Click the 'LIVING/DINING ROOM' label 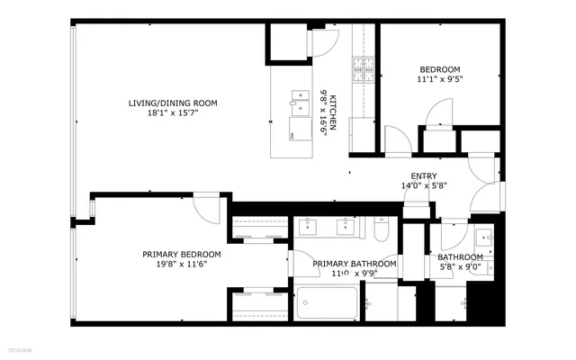pyautogui.click(x=172, y=103)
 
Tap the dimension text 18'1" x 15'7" pyautogui.click(x=172, y=114)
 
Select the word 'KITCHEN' pyautogui.click(x=332, y=113)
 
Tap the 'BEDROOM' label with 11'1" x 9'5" pyautogui.click(x=440, y=69)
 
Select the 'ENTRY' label pyautogui.click(x=424, y=175)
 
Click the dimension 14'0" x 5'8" pyautogui.click(x=424, y=186)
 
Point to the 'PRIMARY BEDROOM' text pyautogui.click(x=181, y=254)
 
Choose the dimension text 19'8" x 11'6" pyautogui.click(x=181, y=265)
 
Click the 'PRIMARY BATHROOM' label pyautogui.click(x=355, y=263)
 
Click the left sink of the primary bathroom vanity pyautogui.click(x=309, y=227)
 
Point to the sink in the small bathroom pyautogui.click(x=483, y=238)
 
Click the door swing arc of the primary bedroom pyautogui.click(x=207, y=210)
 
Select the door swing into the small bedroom pyautogui.click(x=438, y=113)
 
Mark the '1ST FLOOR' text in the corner pyautogui.click(x=19, y=347)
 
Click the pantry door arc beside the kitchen pyautogui.click(x=328, y=40)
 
